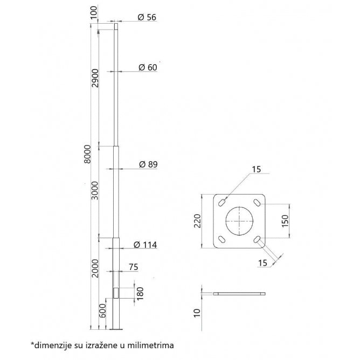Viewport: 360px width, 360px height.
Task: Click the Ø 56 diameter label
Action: click(x=147, y=17)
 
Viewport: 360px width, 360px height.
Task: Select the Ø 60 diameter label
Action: click(x=147, y=67)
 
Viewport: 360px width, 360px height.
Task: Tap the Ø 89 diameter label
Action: click(x=147, y=164)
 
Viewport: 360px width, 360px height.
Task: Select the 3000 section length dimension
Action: click(x=95, y=190)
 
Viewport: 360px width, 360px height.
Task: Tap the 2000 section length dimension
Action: click(x=95, y=268)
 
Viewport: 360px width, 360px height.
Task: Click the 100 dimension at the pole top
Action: click(x=95, y=11)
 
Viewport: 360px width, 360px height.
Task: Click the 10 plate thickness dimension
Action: click(x=197, y=312)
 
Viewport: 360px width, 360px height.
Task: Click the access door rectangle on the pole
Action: click(x=116, y=293)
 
